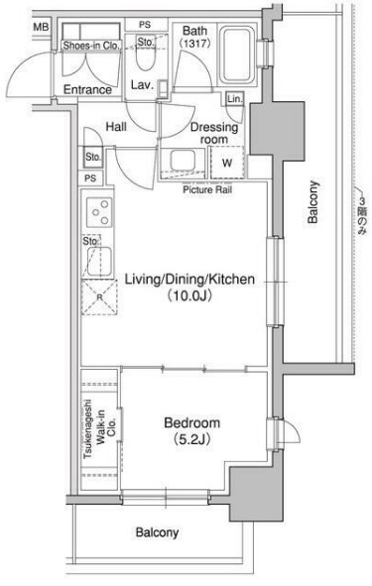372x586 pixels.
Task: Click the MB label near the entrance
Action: click(41, 28)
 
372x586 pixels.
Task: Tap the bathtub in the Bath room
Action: click(237, 56)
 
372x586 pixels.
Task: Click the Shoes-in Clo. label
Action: click(91, 46)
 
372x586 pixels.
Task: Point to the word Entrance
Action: click(87, 89)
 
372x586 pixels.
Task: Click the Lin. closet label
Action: click(235, 99)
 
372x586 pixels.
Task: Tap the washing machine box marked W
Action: click(227, 163)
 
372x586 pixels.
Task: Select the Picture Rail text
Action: click(207, 189)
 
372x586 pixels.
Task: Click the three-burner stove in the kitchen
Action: click(99, 212)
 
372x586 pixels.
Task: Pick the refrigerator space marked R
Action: click(99, 297)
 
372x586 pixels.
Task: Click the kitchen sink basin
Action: click(99, 261)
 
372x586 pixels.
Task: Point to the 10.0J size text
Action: click(189, 296)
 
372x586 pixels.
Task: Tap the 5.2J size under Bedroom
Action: click(191, 439)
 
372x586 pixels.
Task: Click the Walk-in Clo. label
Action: click(106, 427)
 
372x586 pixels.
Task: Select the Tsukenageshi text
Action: click(88, 429)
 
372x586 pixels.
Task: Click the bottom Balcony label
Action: click(157, 532)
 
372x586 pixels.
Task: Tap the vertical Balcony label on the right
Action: click(312, 202)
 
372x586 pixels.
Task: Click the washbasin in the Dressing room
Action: click(183, 161)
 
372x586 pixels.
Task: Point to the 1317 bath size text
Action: click(195, 43)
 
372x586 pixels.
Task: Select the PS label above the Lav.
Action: click(145, 25)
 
